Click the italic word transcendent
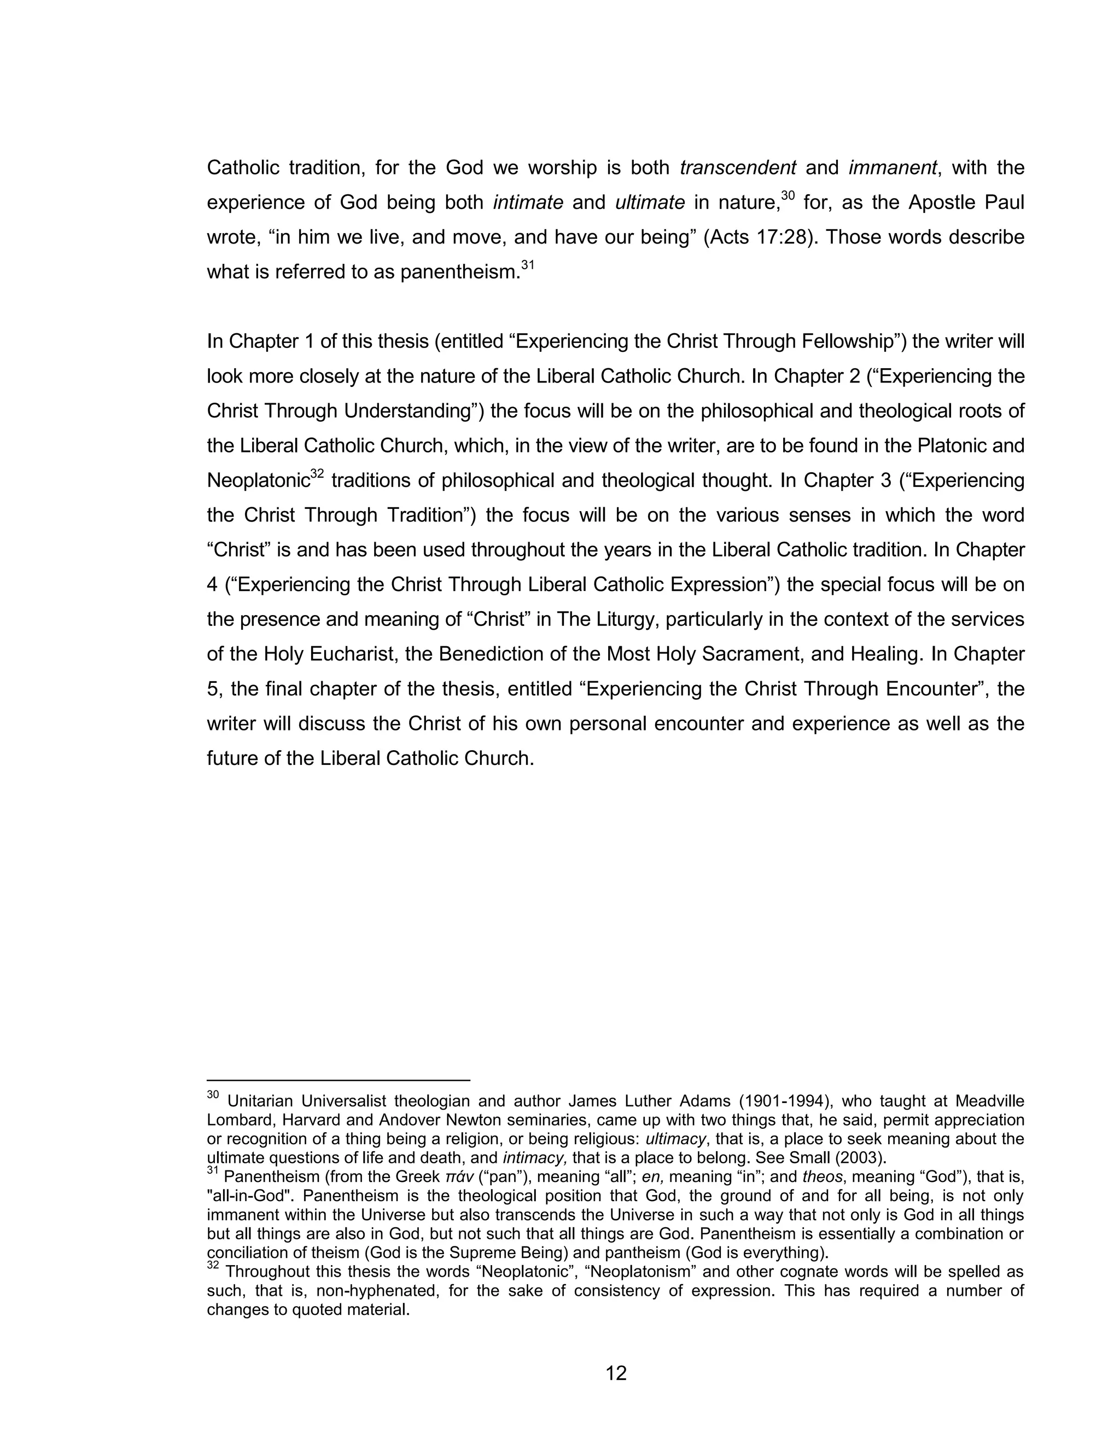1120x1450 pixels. [x=738, y=168]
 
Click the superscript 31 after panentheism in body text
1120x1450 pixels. [x=528, y=265]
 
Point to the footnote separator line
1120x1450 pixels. [x=339, y=1080]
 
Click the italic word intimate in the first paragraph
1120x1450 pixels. [x=528, y=202]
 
